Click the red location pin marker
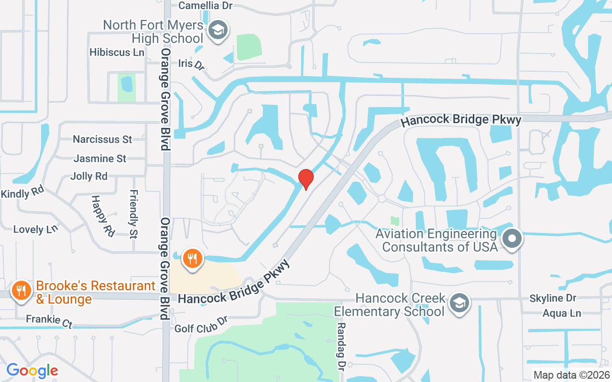[x=306, y=179]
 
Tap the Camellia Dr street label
[x=206, y=6]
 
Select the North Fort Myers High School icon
[x=218, y=30]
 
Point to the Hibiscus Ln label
[x=117, y=52]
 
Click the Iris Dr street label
[x=191, y=64]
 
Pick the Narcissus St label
[x=102, y=139]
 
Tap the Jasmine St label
[x=100, y=158]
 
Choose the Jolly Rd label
[x=89, y=176]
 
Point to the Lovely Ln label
[x=35, y=229]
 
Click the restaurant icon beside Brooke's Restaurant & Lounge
[x=22, y=290]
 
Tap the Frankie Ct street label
[x=49, y=321]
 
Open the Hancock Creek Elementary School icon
[x=459, y=302]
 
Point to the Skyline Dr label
[x=553, y=298]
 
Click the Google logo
[x=32, y=371]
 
